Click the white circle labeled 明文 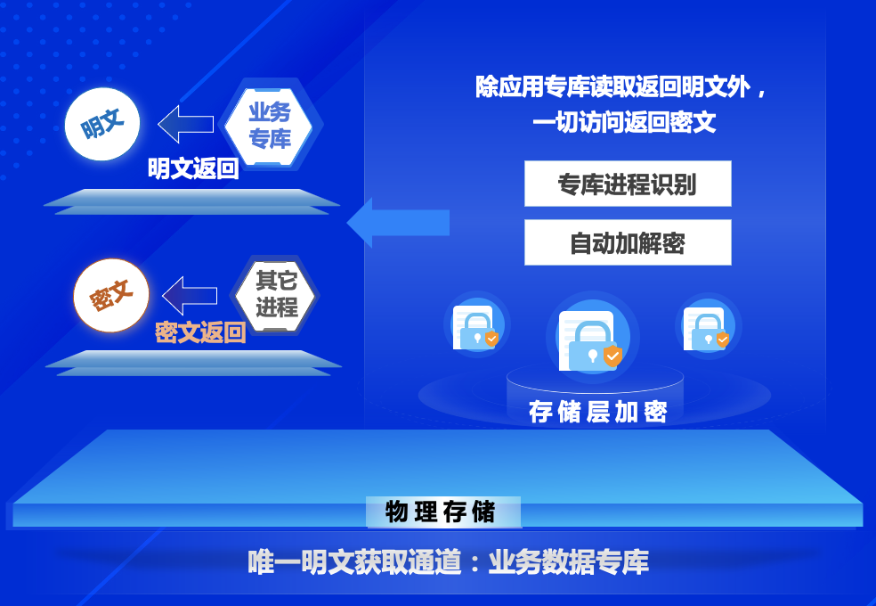pyautogui.click(x=103, y=124)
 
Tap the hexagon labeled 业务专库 pyautogui.click(x=270, y=126)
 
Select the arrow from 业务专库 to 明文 pyautogui.click(x=186, y=124)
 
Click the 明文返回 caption pyautogui.click(x=193, y=168)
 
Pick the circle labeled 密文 pyautogui.click(x=111, y=296)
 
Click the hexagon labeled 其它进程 pyautogui.click(x=276, y=294)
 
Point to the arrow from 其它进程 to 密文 pyautogui.click(x=190, y=295)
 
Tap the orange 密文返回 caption pyautogui.click(x=200, y=332)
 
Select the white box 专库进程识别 pyautogui.click(x=628, y=184)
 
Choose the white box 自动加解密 pyautogui.click(x=628, y=242)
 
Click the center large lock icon pyautogui.click(x=591, y=340)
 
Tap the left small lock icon pyautogui.click(x=474, y=327)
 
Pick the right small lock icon pyautogui.click(x=706, y=327)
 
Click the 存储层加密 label pyautogui.click(x=597, y=412)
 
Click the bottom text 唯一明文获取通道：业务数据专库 pyautogui.click(x=448, y=562)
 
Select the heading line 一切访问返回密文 pyautogui.click(x=623, y=122)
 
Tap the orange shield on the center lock pyautogui.click(x=612, y=356)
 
